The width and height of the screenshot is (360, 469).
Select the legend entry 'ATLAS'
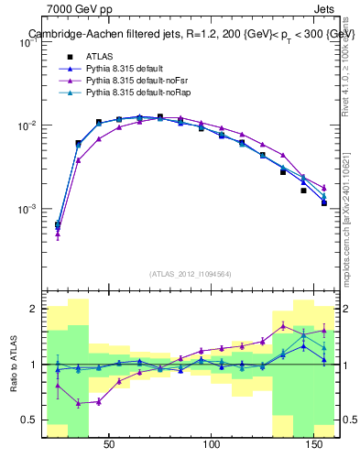pyautogui.click(x=100, y=56)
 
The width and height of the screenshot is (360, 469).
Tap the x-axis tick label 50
pyautogui.click(x=109, y=444)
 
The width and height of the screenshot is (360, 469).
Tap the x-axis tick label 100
pyautogui.click(x=212, y=444)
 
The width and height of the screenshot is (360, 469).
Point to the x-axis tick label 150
pyautogui.click(x=314, y=444)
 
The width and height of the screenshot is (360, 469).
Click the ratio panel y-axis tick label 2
pyautogui.click(x=34, y=309)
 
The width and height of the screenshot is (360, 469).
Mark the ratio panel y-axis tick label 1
pyautogui.click(x=34, y=365)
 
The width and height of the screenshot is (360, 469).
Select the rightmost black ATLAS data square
pyautogui.click(x=324, y=202)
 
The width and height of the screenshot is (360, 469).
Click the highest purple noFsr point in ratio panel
pyautogui.click(x=283, y=325)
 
